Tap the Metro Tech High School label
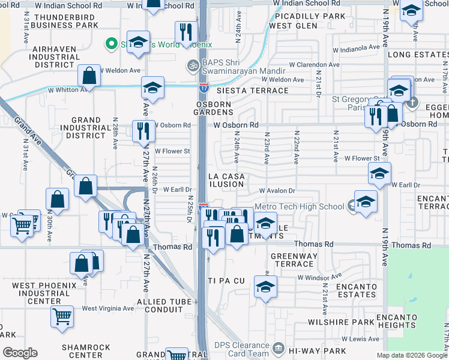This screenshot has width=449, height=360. (x=300, y=206)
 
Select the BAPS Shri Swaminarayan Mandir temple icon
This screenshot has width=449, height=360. (x=193, y=64)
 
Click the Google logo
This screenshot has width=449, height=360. (x=20, y=353)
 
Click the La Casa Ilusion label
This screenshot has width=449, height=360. (x=226, y=181)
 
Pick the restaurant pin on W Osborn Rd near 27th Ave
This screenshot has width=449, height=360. (x=143, y=131)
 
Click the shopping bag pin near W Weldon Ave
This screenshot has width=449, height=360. (x=89, y=76)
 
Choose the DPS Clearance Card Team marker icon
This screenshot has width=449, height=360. (x=277, y=347)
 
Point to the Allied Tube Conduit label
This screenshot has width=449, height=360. (x=159, y=305)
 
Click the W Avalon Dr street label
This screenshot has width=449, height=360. (x=277, y=191)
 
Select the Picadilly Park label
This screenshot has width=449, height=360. (x=307, y=16)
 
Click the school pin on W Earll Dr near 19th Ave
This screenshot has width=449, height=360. (x=379, y=174)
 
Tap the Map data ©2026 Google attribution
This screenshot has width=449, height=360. (x=412, y=355)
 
